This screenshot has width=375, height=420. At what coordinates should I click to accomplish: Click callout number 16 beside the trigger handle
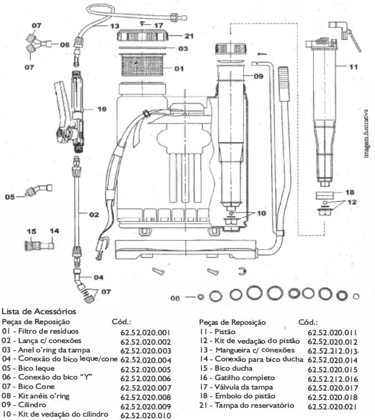tap(101, 109)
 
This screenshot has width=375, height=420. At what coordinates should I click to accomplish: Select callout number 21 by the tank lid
tap(189, 36)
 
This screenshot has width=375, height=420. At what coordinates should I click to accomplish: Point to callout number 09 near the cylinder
tap(258, 76)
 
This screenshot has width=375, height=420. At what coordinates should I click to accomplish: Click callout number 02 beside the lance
tap(94, 214)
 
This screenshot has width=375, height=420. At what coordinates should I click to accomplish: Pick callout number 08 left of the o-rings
tap(176, 298)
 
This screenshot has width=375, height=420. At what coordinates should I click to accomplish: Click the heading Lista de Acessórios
tap(39, 312)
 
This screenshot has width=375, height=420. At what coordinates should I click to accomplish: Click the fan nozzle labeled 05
tap(35, 192)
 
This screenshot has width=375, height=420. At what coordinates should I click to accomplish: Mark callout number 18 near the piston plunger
tap(349, 193)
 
